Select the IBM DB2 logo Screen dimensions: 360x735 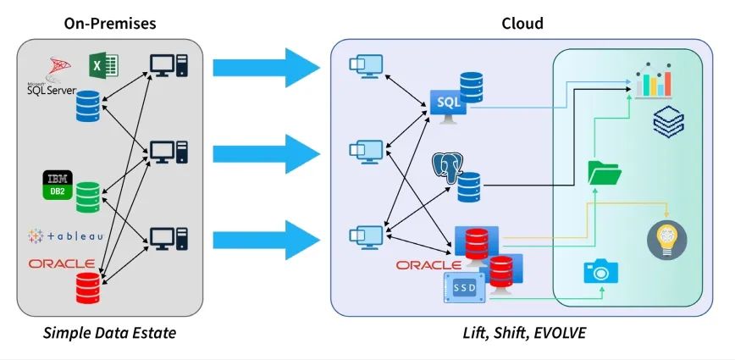pyautogui.click(x=58, y=186)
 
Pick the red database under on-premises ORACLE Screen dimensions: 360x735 pyautogui.click(x=87, y=287)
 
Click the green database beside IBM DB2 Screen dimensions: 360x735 pyautogui.click(x=88, y=197)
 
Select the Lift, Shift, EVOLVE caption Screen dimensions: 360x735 pyautogui.click(x=522, y=333)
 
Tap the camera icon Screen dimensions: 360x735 pyautogui.click(x=600, y=271)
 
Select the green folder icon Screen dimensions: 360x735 pyautogui.click(x=605, y=172)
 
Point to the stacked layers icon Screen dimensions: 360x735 pyautogui.click(x=669, y=122)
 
